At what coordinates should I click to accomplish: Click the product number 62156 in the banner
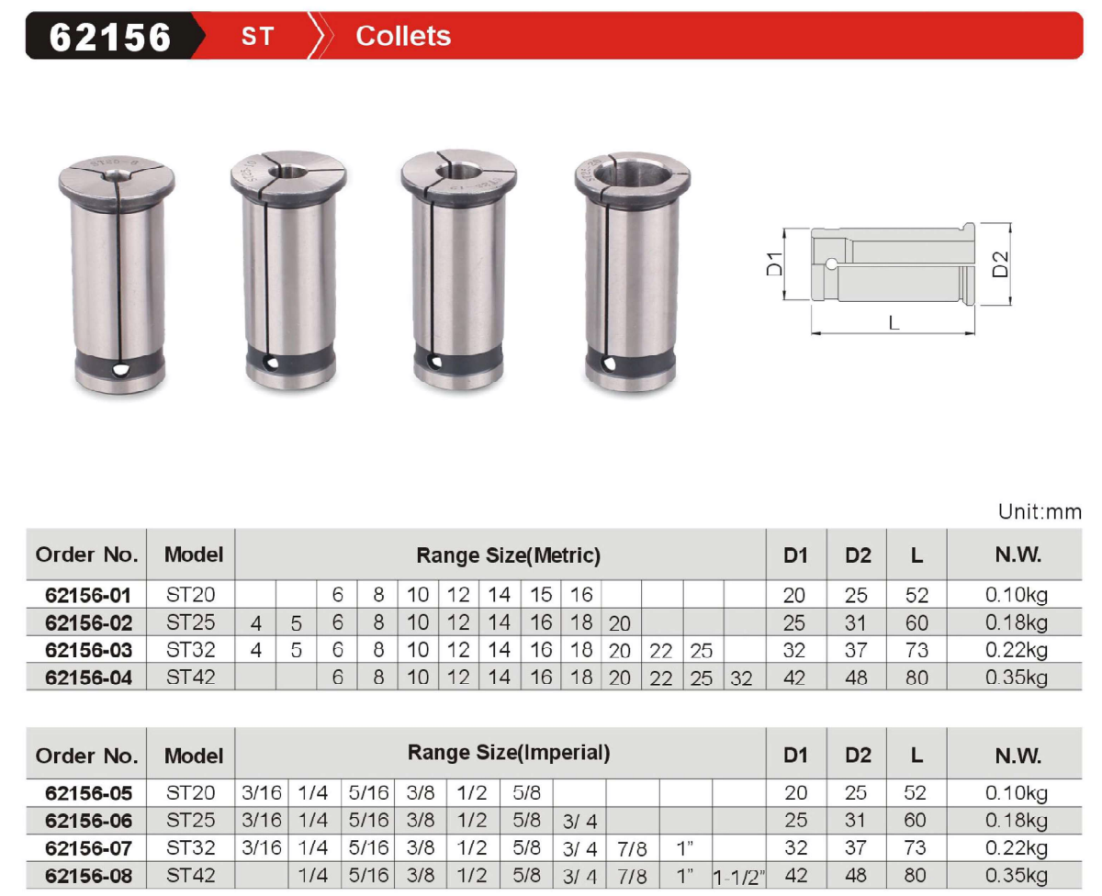(x=109, y=38)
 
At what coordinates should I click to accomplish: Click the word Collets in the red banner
(x=402, y=36)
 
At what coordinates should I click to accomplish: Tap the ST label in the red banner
(x=257, y=37)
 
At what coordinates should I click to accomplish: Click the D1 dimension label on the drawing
(x=774, y=263)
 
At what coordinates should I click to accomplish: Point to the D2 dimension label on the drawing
(x=1000, y=264)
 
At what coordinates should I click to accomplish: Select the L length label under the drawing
(x=894, y=323)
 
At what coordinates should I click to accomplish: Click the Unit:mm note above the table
(x=1040, y=511)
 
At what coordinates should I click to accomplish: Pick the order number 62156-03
(x=88, y=650)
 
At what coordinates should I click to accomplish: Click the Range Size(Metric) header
(x=508, y=555)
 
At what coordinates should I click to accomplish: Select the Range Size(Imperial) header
(x=508, y=752)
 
